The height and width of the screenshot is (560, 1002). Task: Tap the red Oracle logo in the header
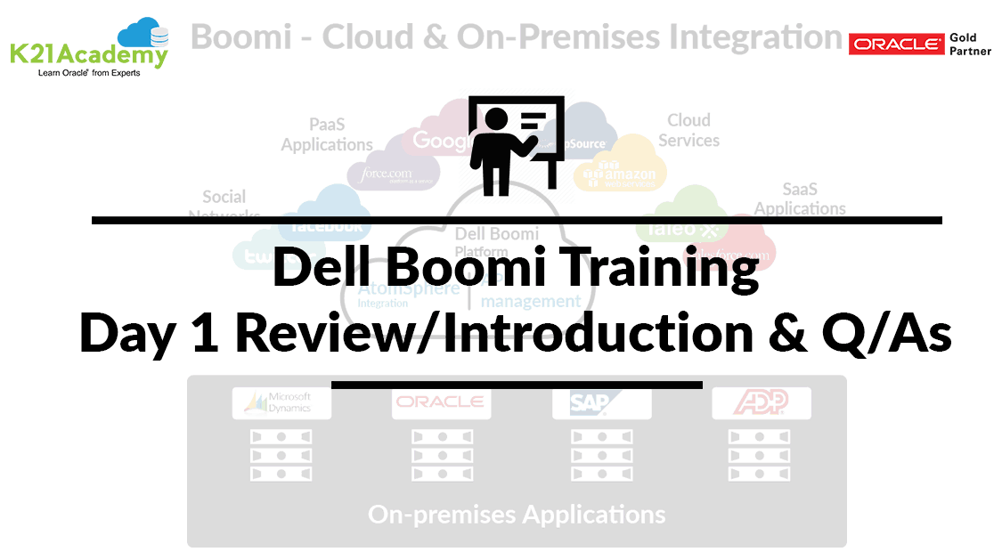(x=896, y=45)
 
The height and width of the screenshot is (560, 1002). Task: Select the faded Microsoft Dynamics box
(x=281, y=403)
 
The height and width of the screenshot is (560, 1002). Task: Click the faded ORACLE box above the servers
(x=441, y=403)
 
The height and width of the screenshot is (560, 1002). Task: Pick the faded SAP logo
(x=601, y=403)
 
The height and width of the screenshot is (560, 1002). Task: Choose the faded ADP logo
(x=761, y=403)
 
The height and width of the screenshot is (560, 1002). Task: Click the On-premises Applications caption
(x=516, y=515)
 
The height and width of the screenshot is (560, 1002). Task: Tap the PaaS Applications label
(x=327, y=134)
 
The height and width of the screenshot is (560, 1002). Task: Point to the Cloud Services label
(x=689, y=130)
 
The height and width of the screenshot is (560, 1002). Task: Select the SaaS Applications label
(x=800, y=199)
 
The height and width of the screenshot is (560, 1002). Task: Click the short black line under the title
(x=517, y=385)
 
